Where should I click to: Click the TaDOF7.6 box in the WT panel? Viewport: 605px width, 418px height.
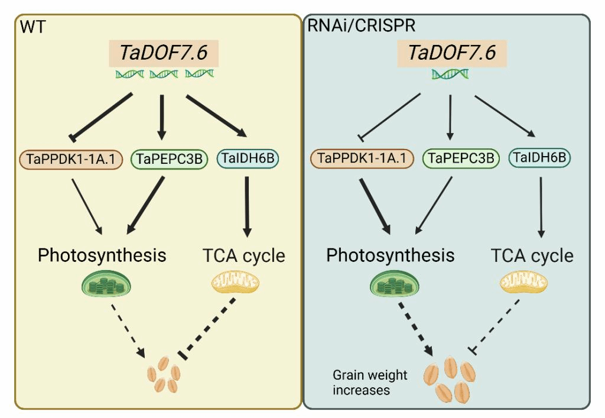pyautogui.click(x=164, y=53)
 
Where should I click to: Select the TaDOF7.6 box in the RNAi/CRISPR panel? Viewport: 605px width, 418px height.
pyautogui.click(x=452, y=53)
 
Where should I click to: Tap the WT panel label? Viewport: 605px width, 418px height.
pyautogui.click(x=33, y=27)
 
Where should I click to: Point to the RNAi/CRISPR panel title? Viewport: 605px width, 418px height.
pyautogui.click(x=361, y=25)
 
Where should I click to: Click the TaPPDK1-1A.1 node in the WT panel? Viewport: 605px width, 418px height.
pyautogui.click(x=71, y=159)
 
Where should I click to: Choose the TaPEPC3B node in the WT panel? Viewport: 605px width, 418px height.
pyautogui.click(x=170, y=159)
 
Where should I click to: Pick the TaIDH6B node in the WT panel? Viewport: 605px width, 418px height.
pyautogui.click(x=248, y=158)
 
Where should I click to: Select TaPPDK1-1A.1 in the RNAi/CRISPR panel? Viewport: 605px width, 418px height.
pyautogui.click(x=362, y=158)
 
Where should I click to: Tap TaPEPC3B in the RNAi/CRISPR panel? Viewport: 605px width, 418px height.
pyautogui.click(x=461, y=158)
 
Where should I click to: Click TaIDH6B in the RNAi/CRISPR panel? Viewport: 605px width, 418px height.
pyautogui.click(x=539, y=157)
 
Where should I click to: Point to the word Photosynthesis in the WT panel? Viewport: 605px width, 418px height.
pyautogui.click(x=102, y=255)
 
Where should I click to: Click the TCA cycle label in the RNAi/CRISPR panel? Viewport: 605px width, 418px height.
pyautogui.click(x=532, y=255)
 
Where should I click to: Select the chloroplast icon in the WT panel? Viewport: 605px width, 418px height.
pyautogui.click(x=106, y=284)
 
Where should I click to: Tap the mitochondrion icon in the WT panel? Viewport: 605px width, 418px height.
pyautogui.click(x=235, y=283)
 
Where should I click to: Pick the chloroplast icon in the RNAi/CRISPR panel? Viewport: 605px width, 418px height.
pyautogui.click(x=395, y=284)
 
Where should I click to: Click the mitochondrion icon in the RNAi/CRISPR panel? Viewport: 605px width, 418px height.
pyautogui.click(x=523, y=283)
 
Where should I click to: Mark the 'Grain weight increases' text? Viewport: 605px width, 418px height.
pyautogui.click(x=370, y=383)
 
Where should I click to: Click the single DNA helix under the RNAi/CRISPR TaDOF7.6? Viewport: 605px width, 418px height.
pyautogui.click(x=450, y=74)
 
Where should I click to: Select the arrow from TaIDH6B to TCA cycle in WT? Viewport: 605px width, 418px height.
pyautogui.click(x=247, y=207)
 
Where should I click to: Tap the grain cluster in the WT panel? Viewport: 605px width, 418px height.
pyautogui.click(x=164, y=374)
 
